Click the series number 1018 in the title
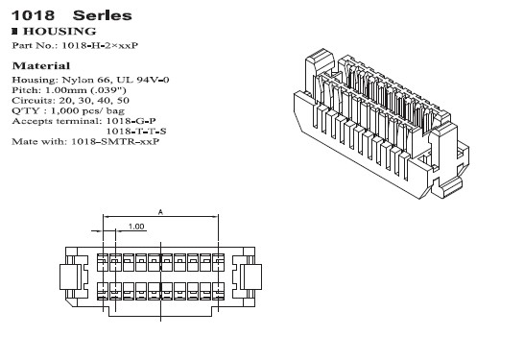pos(28,16)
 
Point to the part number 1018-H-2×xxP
pos(102,45)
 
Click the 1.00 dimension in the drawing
pos(135,227)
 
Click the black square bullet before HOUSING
pos(14,32)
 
